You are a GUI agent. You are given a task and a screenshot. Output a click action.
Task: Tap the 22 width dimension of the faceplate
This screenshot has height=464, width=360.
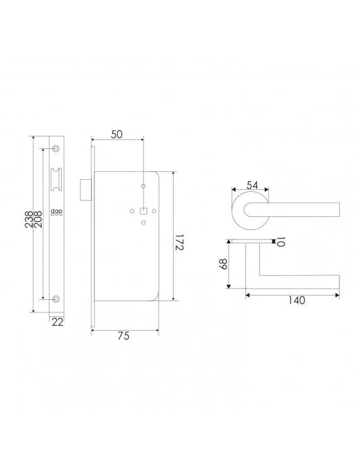point(57,322)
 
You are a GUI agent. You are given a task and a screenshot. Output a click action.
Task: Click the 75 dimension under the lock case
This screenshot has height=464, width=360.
point(123,336)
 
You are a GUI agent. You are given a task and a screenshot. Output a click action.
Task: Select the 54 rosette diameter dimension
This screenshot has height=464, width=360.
point(252,185)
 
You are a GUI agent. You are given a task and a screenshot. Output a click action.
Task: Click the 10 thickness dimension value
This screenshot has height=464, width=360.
point(281,242)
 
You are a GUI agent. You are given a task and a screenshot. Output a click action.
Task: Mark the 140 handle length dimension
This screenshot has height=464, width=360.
point(293,301)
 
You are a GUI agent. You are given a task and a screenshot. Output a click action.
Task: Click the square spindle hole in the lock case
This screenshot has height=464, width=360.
point(143,211)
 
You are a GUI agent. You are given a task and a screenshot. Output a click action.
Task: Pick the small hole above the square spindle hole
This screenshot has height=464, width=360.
point(143,186)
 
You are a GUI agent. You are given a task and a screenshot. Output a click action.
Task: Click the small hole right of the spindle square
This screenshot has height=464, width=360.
point(154,211)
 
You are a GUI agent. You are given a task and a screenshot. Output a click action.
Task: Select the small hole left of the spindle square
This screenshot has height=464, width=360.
point(133,211)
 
